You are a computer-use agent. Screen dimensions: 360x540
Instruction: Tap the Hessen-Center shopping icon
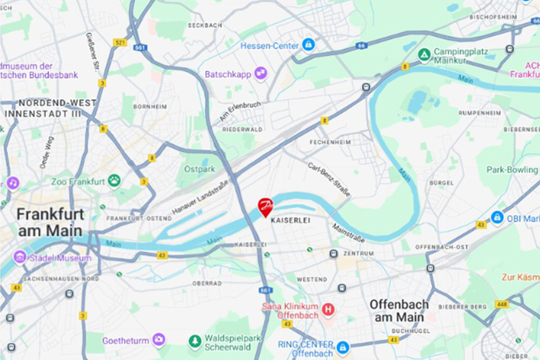point(309,44)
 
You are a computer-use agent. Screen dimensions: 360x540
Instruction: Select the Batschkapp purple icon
point(261,73)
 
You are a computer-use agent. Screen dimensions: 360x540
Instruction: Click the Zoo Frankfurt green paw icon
point(113,180)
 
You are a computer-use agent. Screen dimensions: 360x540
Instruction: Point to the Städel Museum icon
point(19,257)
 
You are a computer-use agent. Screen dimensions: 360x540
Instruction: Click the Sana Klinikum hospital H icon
point(328,309)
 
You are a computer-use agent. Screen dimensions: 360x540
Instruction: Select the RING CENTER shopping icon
point(343,347)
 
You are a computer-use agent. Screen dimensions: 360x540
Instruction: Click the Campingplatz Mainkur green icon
point(424,55)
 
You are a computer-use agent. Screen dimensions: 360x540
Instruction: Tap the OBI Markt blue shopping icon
point(498,218)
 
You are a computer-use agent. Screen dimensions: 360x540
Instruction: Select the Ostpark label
point(199,169)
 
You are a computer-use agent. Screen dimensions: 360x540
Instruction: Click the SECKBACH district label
point(205,25)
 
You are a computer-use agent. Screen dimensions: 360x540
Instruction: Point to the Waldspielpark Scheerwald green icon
point(194,341)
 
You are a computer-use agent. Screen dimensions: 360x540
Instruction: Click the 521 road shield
point(120,42)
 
